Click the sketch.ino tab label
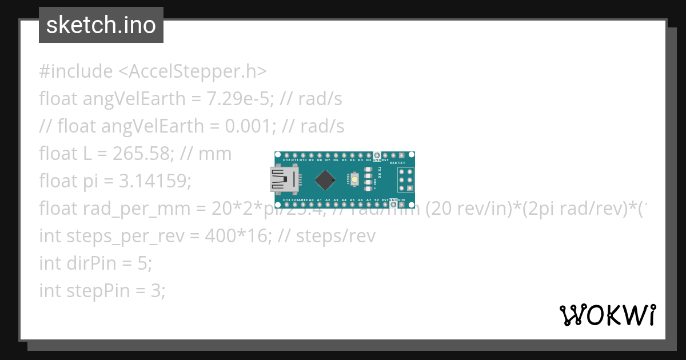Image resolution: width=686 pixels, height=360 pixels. tap(101, 25)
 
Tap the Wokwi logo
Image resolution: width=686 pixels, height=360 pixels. tap(607, 315)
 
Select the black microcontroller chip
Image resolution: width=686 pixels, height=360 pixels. tap(325, 180)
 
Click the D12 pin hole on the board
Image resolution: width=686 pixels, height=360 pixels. tap(286, 155)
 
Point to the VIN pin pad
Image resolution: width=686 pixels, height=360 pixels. tap(402, 205)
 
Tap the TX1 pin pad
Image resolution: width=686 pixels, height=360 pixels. tap(402, 155)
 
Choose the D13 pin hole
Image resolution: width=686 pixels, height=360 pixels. tap(286, 205)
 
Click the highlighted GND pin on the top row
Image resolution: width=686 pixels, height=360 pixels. tap(377, 155)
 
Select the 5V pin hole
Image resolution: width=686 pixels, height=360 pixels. tap(377, 205)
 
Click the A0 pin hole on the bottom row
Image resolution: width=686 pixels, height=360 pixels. tap(311, 205)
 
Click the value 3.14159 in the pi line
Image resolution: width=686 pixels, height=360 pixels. tap(154, 181)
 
